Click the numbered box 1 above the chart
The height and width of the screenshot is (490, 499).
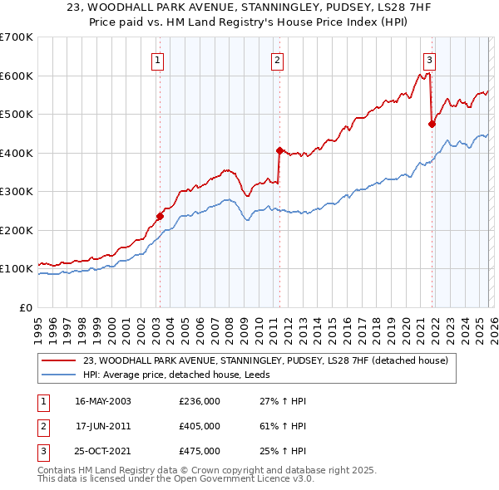click(x=158, y=60)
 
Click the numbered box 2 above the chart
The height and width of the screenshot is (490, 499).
click(x=277, y=60)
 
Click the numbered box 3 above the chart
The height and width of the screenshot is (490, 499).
click(x=429, y=60)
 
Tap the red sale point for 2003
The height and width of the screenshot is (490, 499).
click(x=160, y=216)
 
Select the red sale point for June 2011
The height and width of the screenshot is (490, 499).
click(x=279, y=150)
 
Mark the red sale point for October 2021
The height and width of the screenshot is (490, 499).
click(x=432, y=124)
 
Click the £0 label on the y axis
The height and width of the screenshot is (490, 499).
click(x=25, y=307)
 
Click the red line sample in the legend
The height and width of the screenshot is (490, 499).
click(x=61, y=360)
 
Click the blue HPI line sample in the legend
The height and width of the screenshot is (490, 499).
click(x=61, y=375)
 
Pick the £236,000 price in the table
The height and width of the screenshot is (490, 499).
click(x=200, y=401)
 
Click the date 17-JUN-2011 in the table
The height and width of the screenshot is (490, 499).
click(x=103, y=426)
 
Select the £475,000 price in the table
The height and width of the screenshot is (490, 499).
click(x=200, y=451)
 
